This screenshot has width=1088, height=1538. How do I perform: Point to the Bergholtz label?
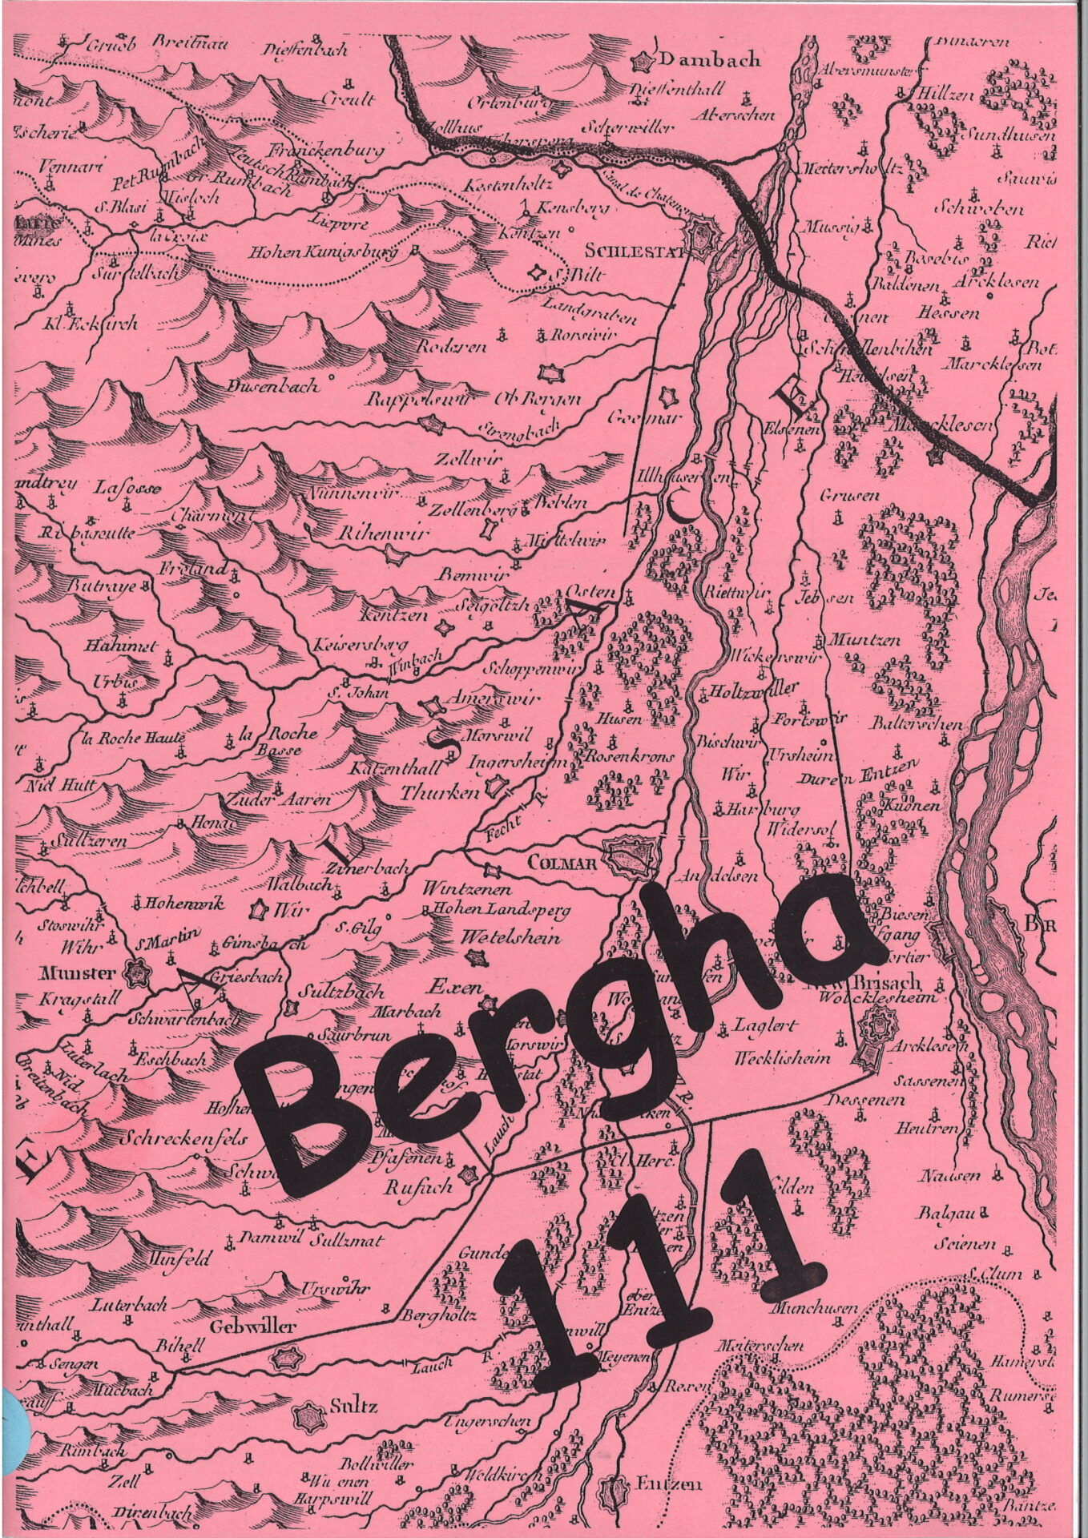pyautogui.click(x=441, y=1315)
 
